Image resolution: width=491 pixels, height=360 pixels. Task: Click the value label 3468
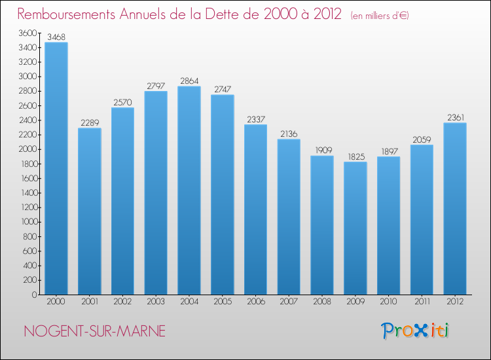[56, 37]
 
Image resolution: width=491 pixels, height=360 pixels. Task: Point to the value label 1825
[355, 156]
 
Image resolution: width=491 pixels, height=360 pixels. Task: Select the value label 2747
[223, 90]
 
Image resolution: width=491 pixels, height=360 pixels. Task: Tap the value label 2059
[422, 139]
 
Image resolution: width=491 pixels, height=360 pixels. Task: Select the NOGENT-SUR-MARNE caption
[94, 331]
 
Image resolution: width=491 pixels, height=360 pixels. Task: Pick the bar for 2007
[289, 217]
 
